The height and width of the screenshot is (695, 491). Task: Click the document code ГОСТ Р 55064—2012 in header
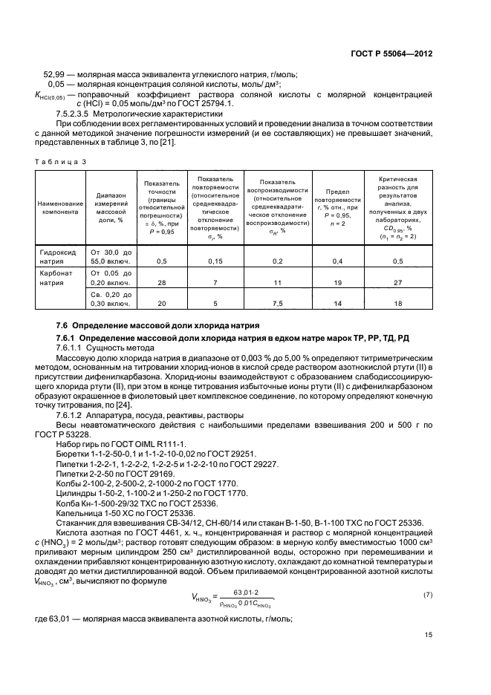pos(391,54)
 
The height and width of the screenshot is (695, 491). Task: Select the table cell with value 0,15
pos(215,261)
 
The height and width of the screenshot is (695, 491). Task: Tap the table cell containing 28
pos(160,282)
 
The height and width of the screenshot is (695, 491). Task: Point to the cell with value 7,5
pos(278,303)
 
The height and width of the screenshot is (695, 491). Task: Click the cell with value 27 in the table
pos(397,282)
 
